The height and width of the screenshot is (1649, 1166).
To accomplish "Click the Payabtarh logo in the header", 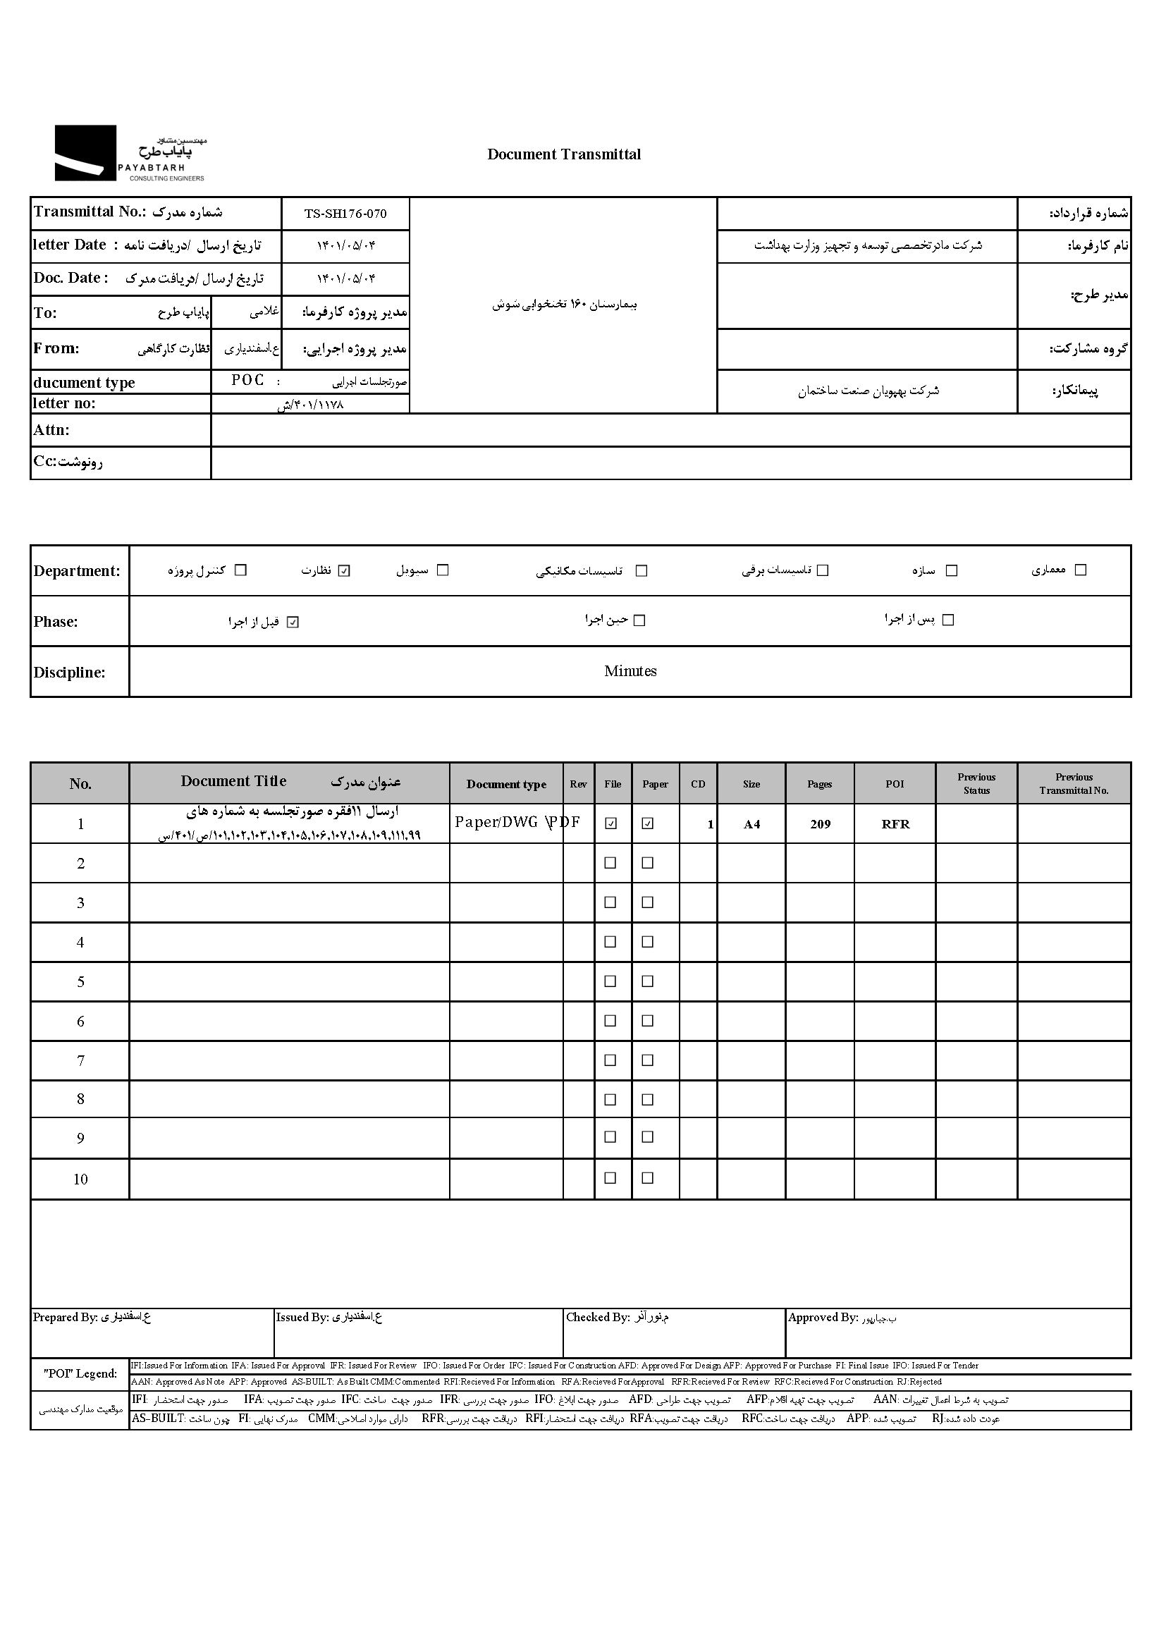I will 129,153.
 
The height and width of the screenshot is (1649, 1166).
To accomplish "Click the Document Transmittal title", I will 564,154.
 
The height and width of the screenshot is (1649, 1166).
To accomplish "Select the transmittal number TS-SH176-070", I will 345,214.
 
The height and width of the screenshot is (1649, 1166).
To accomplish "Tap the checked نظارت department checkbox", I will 345,571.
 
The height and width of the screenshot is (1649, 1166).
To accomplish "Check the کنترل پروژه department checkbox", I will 241,570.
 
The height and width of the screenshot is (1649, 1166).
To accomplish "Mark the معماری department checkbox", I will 1081,570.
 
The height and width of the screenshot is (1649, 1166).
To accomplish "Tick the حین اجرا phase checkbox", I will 639,620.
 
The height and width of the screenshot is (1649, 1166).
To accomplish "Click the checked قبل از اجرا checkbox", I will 293,623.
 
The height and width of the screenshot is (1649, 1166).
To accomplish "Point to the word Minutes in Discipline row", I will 630,672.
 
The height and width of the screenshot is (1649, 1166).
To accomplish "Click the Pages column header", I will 819,784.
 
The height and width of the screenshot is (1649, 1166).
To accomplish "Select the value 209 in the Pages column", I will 820,825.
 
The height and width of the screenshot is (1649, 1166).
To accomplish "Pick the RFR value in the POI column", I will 895,825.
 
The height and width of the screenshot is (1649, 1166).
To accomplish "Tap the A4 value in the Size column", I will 751,825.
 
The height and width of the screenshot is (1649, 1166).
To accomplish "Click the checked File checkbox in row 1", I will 611,823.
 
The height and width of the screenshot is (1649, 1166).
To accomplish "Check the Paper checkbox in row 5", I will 648,981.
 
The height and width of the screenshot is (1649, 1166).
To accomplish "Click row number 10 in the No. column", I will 80,1179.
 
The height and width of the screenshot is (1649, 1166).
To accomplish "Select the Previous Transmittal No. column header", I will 1074,783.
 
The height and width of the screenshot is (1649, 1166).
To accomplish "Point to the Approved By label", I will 823,1318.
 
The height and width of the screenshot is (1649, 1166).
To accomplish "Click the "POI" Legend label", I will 80,1374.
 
